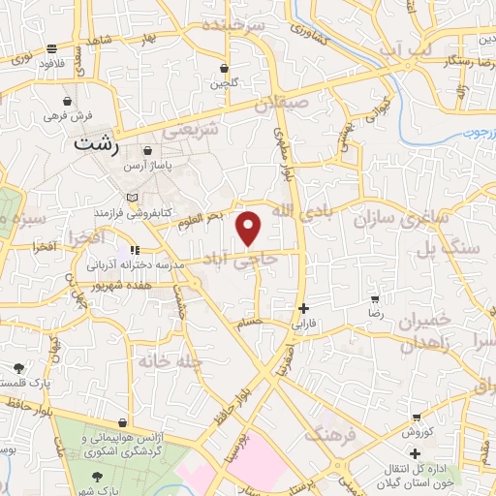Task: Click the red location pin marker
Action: point(249,229)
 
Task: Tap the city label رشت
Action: point(100,142)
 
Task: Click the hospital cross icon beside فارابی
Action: point(304,309)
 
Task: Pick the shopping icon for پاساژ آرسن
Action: point(147,152)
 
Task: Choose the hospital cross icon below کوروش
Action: point(416,453)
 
